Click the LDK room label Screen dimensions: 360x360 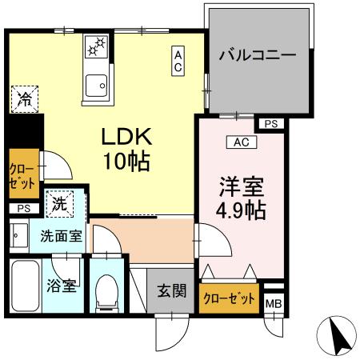point(126,136)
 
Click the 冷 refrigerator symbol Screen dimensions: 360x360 point(25,100)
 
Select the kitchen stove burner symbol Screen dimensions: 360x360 point(97,46)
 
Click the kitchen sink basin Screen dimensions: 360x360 point(97,82)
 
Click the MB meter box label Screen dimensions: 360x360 point(274,303)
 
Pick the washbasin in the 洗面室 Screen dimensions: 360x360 point(18,237)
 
